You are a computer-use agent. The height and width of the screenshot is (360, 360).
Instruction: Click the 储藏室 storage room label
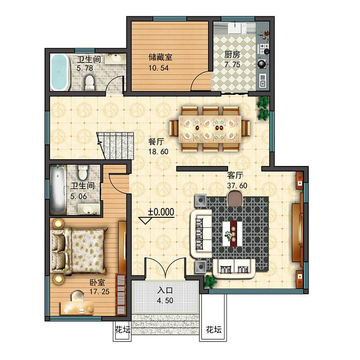tap(160, 57)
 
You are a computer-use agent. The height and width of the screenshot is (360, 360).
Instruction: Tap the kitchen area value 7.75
tap(232, 64)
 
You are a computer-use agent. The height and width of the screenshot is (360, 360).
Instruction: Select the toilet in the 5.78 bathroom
tap(90, 83)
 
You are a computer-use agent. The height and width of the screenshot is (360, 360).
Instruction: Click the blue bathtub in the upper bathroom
tap(60, 72)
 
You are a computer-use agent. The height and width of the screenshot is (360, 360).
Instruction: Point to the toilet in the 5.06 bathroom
tap(82, 172)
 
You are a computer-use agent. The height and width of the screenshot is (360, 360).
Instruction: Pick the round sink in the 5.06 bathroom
tap(88, 209)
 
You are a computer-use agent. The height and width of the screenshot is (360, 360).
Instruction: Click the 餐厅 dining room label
tap(156, 141)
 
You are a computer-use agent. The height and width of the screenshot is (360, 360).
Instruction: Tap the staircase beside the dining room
tap(115, 145)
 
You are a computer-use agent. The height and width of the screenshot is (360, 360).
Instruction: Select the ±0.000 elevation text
tap(161, 212)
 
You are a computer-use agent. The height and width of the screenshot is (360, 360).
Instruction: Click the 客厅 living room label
tap(235, 175)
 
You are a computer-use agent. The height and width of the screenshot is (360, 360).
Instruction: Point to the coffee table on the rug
tap(233, 234)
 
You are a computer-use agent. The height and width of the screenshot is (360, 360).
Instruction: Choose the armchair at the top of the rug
tap(234, 199)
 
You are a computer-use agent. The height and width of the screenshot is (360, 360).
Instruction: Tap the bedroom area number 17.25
tap(99, 292)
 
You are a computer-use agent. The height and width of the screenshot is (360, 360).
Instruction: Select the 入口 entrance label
tap(165, 290)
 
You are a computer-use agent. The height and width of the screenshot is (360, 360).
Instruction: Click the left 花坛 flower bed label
tap(122, 330)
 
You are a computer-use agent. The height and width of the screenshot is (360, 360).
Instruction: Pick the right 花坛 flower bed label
tap(214, 330)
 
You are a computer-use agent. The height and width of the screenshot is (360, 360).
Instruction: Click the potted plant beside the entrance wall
tap(210, 282)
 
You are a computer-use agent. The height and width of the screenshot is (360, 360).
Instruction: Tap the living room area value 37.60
tap(237, 185)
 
